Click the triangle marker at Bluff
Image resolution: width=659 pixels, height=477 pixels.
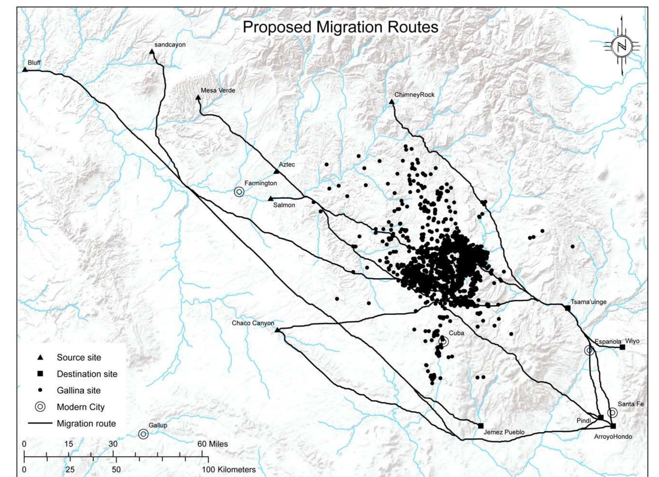point(25,70)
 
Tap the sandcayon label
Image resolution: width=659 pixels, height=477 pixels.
point(170,45)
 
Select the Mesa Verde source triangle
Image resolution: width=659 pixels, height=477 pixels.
point(198,98)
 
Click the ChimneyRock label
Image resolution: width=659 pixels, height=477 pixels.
point(414,95)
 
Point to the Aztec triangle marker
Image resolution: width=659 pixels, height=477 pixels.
point(276,172)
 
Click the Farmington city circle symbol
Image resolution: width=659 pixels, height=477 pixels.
point(239,192)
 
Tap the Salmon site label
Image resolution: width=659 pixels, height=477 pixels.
point(284,205)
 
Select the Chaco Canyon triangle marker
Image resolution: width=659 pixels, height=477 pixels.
point(277,330)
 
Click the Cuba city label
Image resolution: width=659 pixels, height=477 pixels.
point(456,333)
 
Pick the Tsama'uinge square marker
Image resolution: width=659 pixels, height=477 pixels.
point(567,308)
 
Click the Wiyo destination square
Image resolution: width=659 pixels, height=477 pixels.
point(622,347)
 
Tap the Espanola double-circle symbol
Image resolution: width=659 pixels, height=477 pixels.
point(589,351)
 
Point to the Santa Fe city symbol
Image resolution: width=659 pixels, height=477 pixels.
point(612,413)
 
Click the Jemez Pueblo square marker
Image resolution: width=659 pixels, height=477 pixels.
point(481,425)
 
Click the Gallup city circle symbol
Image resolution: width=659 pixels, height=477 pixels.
point(143,434)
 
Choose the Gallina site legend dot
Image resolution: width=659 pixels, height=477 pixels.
point(40,390)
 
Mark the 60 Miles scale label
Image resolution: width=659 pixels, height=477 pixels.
point(212,444)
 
